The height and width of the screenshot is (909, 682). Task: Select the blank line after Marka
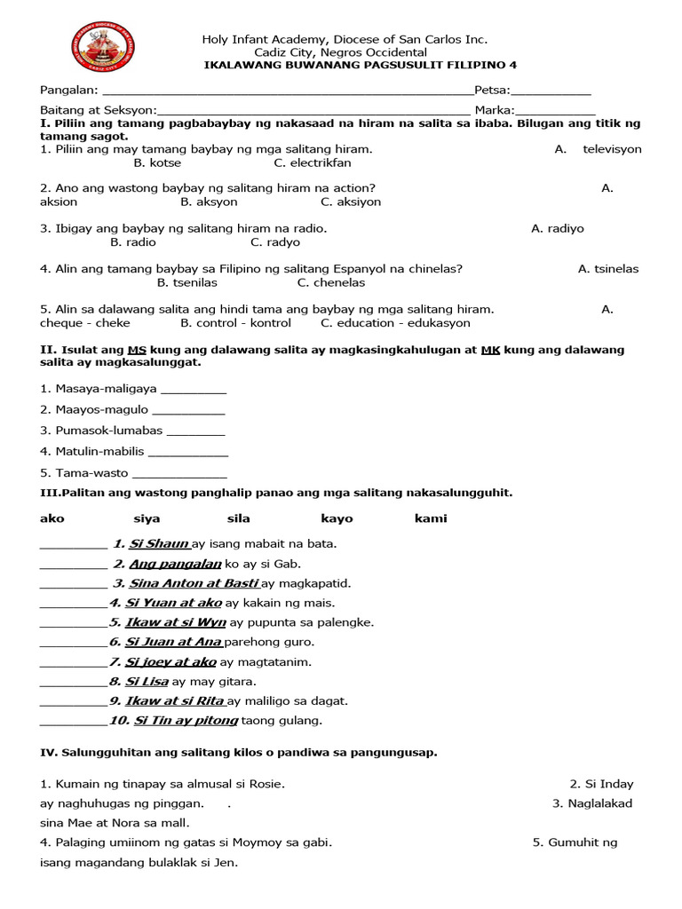click(559, 111)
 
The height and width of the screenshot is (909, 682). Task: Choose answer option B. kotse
click(157, 162)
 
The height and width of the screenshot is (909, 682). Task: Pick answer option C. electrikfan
click(312, 162)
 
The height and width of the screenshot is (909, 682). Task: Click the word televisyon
click(612, 149)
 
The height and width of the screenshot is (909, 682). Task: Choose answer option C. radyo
click(275, 241)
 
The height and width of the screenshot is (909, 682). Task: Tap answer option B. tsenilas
click(186, 282)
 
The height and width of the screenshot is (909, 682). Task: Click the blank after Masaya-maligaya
click(194, 390)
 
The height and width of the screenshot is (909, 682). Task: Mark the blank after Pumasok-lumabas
click(195, 431)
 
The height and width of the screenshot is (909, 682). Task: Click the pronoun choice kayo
click(337, 518)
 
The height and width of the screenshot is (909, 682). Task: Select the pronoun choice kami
click(431, 518)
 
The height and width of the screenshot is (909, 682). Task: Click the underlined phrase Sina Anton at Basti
click(193, 583)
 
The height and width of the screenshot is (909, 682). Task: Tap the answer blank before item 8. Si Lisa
click(73, 683)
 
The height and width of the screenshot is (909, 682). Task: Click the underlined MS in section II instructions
click(136, 350)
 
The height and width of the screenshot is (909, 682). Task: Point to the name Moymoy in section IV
click(267, 842)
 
